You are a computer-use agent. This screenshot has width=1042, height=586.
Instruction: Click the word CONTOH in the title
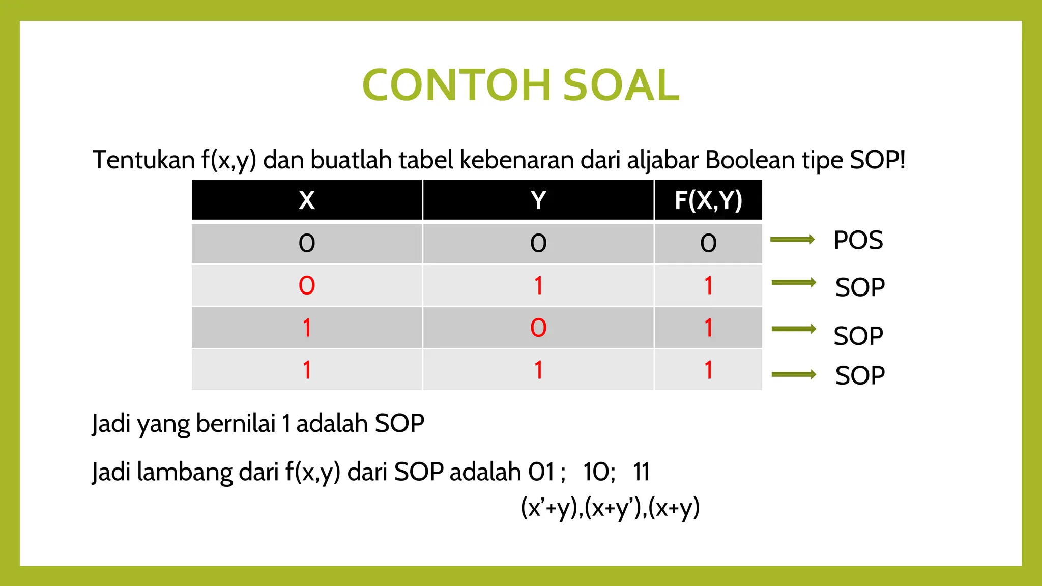point(456,85)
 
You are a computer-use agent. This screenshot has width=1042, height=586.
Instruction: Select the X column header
point(307,200)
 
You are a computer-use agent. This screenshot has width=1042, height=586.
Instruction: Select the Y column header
point(538,200)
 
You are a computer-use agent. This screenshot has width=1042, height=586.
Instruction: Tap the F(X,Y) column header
point(708,200)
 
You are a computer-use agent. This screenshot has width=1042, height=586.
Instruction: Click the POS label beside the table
point(858,240)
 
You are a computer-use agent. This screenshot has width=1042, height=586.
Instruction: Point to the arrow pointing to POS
point(793,240)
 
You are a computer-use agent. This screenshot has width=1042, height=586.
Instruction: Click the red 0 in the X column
point(307,286)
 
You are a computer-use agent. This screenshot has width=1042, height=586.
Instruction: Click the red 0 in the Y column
point(538,328)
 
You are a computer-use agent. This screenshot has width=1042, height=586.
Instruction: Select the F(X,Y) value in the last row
point(708,370)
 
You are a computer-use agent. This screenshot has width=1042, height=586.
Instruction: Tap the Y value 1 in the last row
point(538,370)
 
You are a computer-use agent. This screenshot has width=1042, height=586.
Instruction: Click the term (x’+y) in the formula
point(551,508)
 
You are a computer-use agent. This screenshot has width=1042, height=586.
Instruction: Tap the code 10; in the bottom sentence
point(599,472)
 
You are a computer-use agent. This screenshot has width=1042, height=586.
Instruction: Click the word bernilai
point(236,423)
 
